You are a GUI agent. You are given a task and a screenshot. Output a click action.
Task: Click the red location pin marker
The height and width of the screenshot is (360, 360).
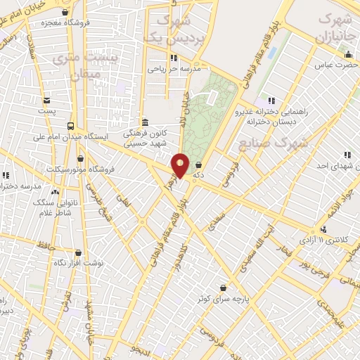tap(181, 165)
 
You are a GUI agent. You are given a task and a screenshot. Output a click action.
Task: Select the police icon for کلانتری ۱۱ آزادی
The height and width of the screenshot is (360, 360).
tap(323, 230)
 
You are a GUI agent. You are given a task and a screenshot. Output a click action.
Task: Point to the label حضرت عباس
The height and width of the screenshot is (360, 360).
tap(332, 65)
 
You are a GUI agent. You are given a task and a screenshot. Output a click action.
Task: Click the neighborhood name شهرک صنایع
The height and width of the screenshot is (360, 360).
tap(283, 143)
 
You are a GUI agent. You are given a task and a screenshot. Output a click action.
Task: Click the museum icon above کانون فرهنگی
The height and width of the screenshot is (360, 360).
tap(143, 121)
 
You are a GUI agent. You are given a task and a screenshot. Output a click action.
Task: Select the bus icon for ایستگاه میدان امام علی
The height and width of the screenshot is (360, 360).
tap(70, 126)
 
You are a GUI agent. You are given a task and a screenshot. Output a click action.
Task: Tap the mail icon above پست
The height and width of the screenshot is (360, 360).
tap(47, 101)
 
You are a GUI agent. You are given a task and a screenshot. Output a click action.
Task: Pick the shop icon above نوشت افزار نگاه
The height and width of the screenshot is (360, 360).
tap(78, 252)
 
